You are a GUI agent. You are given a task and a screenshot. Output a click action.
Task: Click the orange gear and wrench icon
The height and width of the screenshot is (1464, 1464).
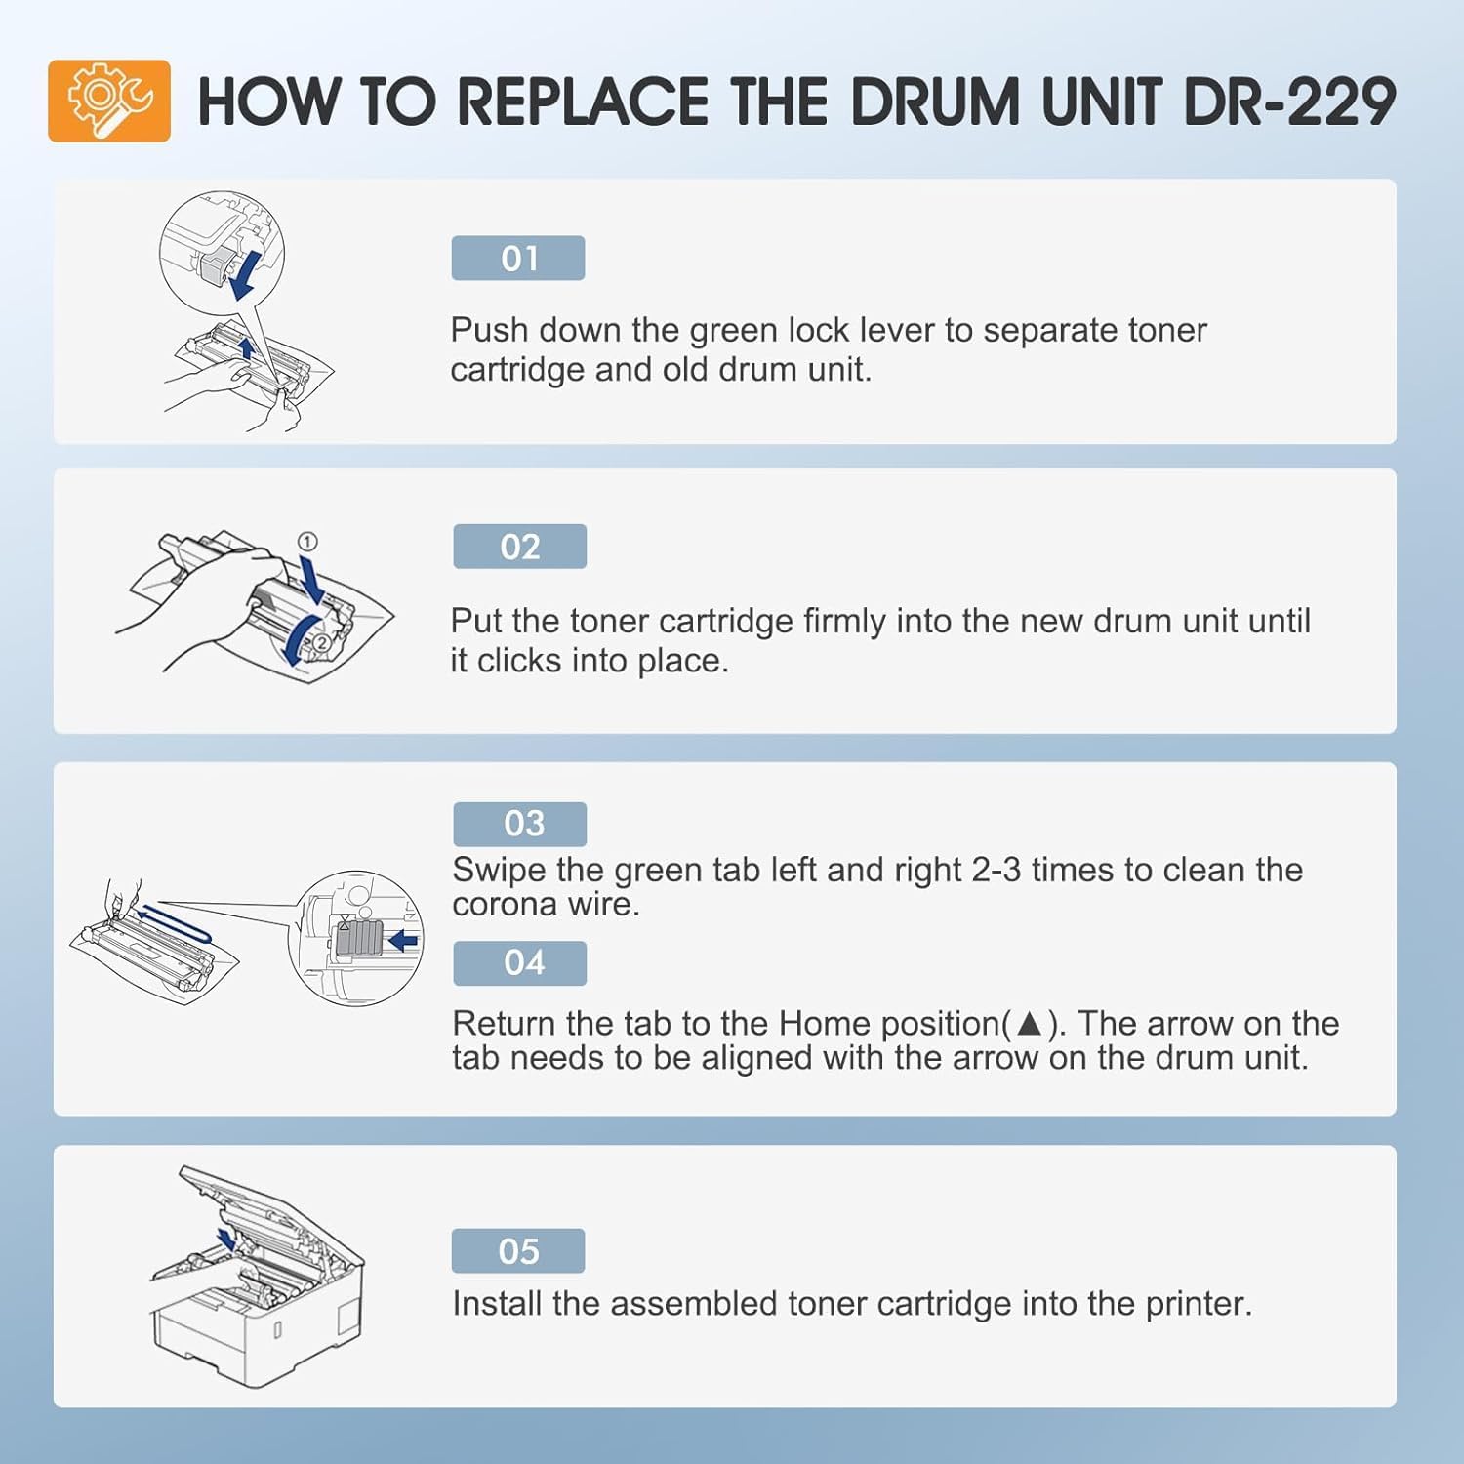click(x=109, y=101)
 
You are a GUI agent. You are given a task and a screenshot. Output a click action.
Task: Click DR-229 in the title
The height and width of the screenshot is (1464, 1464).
click(x=1289, y=102)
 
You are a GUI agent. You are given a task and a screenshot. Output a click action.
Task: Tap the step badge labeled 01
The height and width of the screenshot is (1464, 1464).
click(x=518, y=259)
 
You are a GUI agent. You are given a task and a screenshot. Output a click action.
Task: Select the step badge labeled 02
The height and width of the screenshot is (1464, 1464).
click(x=519, y=547)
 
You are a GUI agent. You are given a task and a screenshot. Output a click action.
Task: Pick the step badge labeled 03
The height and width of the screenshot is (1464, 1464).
click(x=520, y=824)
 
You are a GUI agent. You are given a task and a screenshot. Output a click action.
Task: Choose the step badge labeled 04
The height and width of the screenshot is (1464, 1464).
click(x=520, y=963)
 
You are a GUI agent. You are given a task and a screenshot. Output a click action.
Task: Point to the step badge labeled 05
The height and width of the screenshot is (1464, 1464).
click(x=518, y=1251)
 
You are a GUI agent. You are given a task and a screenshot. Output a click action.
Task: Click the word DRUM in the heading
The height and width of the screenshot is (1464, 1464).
click(x=936, y=102)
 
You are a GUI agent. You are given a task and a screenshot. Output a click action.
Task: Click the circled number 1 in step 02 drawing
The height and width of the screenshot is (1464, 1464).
click(x=306, y=542)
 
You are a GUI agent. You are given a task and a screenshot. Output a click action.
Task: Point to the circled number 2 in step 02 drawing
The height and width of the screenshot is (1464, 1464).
click(x=321, y=642)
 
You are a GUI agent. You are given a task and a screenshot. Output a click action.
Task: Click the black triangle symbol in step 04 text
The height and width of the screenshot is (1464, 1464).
click(x=1030, y=1024)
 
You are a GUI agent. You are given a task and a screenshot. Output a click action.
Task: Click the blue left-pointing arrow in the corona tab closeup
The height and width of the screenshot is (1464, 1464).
click(x=402, y=941)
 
